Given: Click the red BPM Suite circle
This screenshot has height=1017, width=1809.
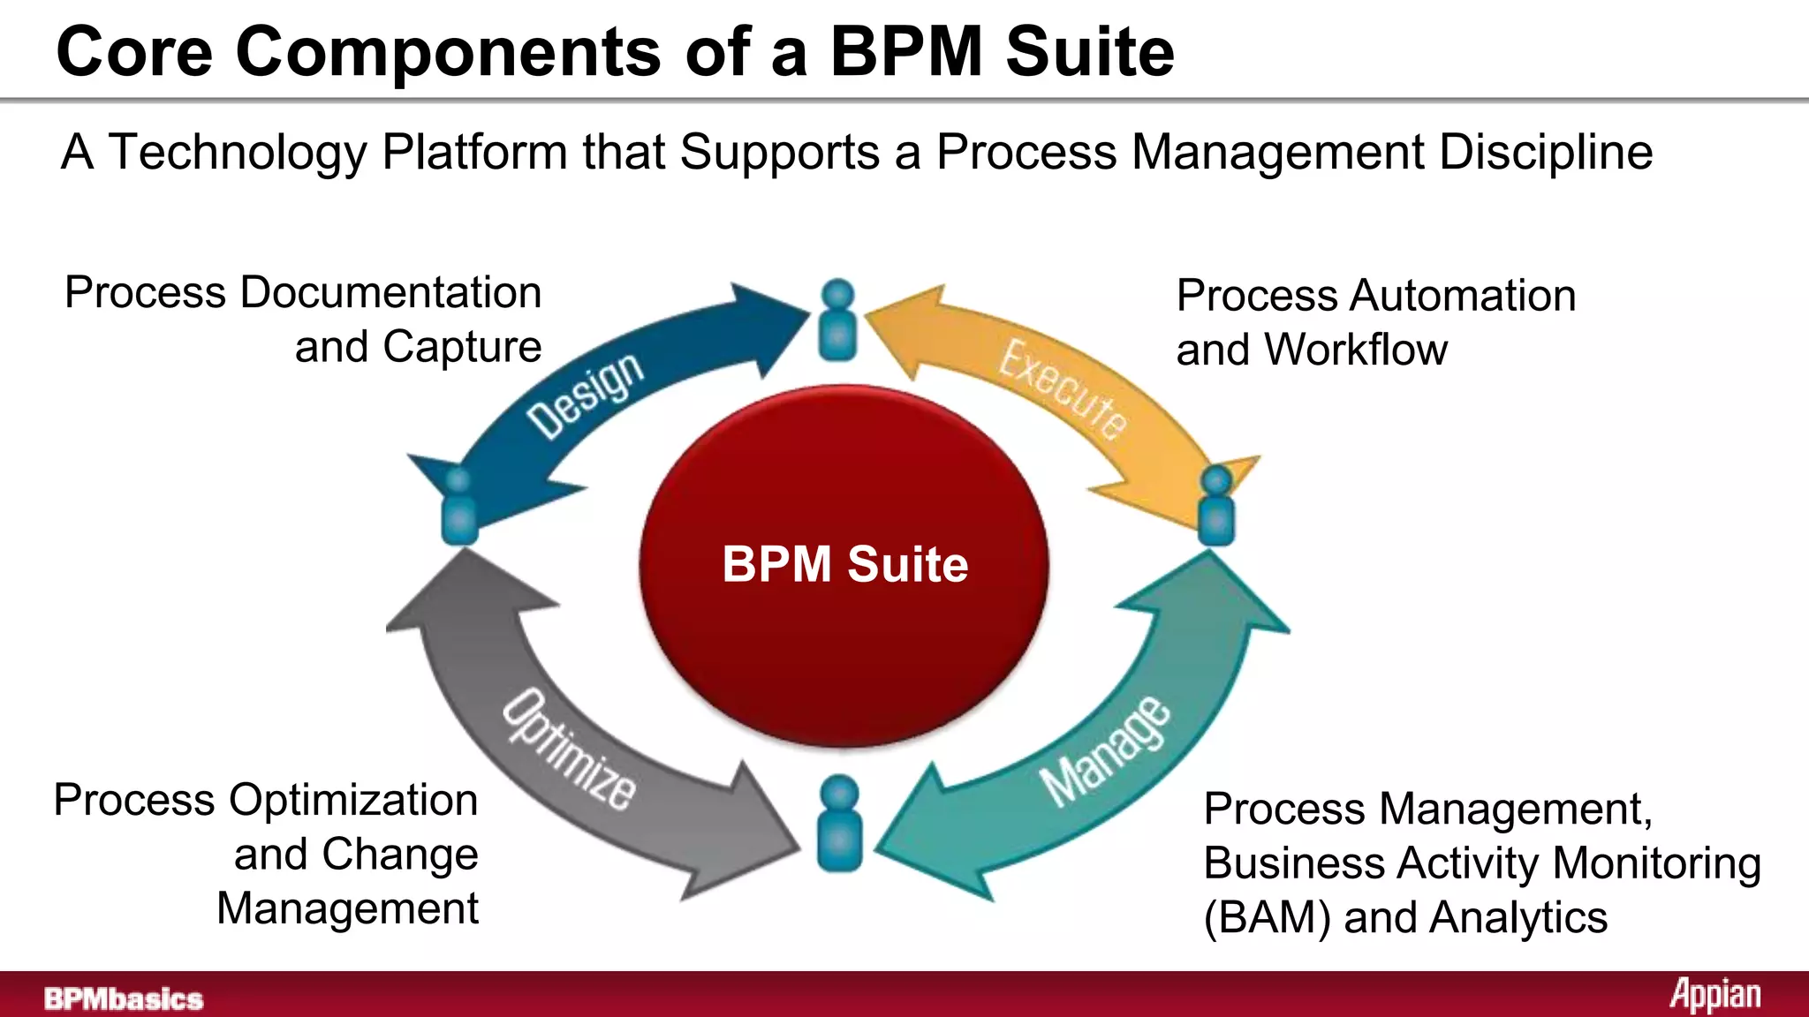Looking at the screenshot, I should pos(844,565).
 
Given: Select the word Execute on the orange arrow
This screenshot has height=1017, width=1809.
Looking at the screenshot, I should pos(1063,389).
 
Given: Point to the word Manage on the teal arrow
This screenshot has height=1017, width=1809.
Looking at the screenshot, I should pos(1106,751).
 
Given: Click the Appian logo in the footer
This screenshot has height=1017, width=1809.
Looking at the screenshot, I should pos(1714,995).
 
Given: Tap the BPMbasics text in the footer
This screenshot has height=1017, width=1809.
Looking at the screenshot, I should pos(124,998).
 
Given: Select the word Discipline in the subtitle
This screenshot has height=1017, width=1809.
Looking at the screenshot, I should pos(1546,152).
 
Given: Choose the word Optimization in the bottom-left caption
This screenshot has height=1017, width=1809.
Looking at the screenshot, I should pos(353,801).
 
